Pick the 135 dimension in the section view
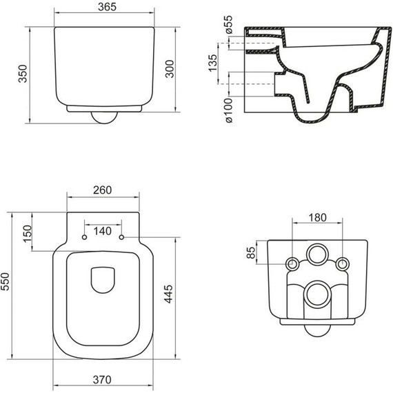(214, 65)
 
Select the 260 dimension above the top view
(102, 190)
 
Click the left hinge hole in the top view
(84, 238)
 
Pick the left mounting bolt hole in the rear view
(292, 263)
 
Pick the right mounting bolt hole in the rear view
(341, 263)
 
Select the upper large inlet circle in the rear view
(316, 254)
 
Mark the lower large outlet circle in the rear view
(316, 296)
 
